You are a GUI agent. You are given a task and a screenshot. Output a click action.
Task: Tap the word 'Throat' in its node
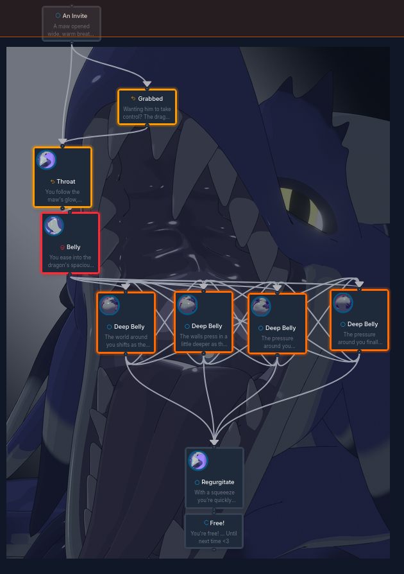(65, 182)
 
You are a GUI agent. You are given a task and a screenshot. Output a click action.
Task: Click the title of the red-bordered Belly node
(73, 247)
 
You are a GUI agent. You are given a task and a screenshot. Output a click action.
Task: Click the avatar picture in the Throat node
(46, 160)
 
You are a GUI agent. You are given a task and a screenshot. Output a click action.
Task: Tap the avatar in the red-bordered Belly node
(54, 225)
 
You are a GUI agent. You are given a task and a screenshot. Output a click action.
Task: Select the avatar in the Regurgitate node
(198, 460)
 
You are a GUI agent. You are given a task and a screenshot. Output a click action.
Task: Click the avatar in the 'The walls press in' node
(187, 304)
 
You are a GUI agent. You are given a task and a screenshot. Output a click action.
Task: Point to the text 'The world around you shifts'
(126, 341)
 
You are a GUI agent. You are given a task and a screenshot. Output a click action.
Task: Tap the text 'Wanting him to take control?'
(147, 113)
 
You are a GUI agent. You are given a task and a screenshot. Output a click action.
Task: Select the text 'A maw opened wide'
(72, 30)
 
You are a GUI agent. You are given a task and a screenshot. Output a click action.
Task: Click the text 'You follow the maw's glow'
(62, 196)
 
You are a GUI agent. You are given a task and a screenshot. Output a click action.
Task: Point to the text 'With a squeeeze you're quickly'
(215, 496)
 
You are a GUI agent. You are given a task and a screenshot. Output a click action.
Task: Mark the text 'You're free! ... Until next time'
(214, 537)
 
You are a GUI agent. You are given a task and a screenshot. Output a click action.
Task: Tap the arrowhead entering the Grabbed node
(147, 84)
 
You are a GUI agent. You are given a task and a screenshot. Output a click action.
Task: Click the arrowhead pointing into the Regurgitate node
(214, 442)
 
